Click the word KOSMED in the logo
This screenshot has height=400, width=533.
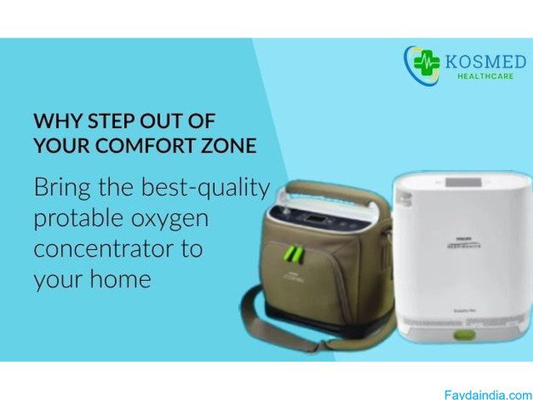(485, 62)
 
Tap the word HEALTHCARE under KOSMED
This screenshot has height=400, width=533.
(485, 76)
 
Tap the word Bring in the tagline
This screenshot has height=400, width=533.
(60, 188)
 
